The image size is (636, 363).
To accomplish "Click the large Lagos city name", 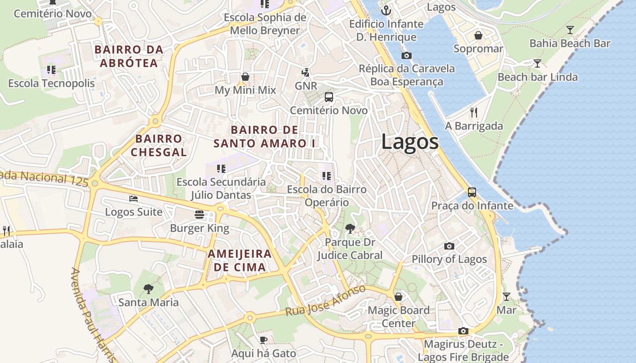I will click(x=410, y=142).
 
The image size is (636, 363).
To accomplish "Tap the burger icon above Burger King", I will click(x=199, y=214).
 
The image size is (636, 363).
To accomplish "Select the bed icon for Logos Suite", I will click(x=134, y=199).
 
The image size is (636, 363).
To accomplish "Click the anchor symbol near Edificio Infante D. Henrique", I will click(x=387, y=10).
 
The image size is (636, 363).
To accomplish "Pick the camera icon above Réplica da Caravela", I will click(x=407, y=55).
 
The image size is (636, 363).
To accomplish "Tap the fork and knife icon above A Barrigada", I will click(x=474, y=112).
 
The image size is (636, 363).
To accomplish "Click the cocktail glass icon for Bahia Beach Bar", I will click(x=570, y=30).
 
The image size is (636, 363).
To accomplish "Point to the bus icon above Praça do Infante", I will click(x=472, y=192).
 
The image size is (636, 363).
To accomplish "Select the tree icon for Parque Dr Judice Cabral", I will click(x=350, y=228).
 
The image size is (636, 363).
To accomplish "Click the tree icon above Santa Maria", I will click(x=148, y=289).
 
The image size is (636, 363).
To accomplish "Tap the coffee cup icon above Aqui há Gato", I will click(x=263, y=340).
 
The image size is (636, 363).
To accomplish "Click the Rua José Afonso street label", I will click(x=325, y=301).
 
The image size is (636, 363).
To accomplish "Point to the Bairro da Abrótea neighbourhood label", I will click(x=129, y=56).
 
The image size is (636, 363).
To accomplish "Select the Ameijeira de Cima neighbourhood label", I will click(x=239, y=260).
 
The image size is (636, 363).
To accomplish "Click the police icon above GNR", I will click(x=306, y=72).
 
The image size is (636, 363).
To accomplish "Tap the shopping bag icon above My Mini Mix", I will click(x=245, y=76).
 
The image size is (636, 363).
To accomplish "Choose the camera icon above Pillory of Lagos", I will click(x=449, y=246).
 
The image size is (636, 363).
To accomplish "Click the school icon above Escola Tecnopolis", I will click(x=51, y=70).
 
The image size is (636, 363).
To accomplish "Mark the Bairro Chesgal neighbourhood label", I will click(x=159, y=145).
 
